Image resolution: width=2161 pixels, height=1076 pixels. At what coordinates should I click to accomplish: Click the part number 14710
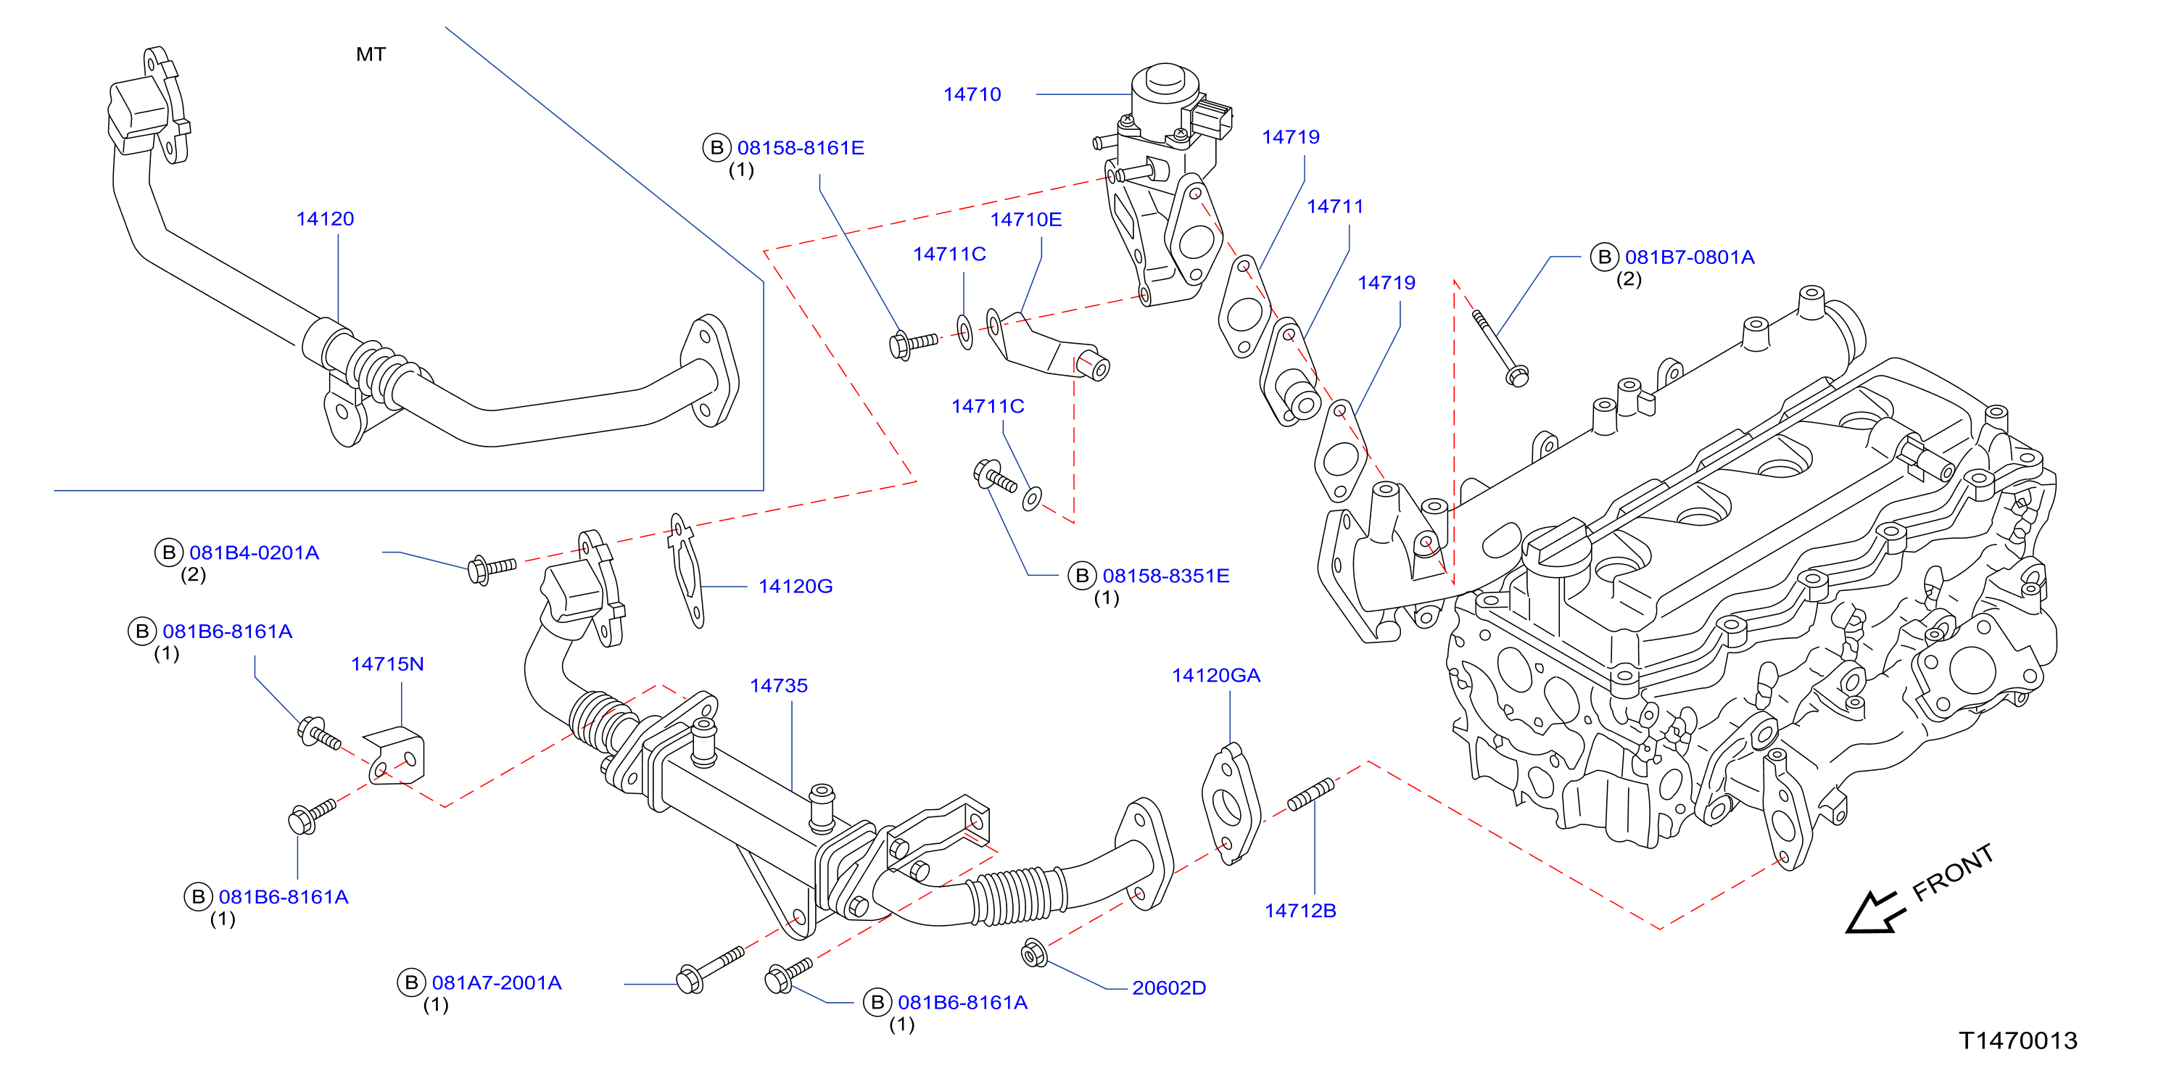click(x=972, y=94)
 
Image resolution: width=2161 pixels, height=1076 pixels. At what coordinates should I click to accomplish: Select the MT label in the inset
click(x=371, y=54)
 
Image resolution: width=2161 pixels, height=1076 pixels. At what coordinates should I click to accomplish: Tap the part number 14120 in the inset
click(x=325, y=219)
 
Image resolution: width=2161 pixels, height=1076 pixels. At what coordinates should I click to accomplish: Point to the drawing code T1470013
click(x=2017, y=1040)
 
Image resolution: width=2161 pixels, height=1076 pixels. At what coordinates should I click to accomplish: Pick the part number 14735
click(x=779, y=686)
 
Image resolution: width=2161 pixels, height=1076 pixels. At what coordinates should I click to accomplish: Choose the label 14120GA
click(x=1215, y=676)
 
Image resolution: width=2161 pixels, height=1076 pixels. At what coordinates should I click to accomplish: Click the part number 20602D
click(x=1168, y=988)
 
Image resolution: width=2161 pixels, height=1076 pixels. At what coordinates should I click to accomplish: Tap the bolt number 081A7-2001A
click(x=497, y=983)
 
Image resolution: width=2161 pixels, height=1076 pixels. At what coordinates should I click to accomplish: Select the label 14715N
click(x=387, y=664)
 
